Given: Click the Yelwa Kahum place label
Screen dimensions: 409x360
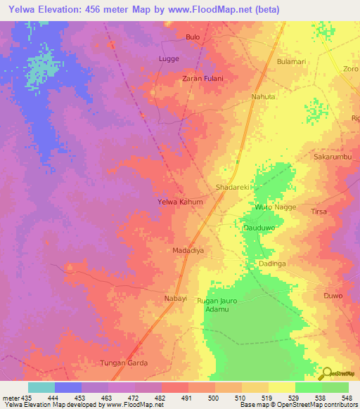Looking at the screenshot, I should (180, 202).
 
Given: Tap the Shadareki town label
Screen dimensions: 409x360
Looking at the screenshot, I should (233, 188).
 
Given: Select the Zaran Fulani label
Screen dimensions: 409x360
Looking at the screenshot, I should (202, 78).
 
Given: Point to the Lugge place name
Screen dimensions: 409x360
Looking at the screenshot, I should (169, 59).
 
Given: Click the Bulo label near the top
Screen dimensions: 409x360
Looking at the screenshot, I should (193, 37).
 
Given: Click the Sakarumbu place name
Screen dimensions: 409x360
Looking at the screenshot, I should (333, 157).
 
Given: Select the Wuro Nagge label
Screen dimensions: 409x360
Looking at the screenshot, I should (276, 208).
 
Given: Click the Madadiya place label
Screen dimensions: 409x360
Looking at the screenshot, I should (188, 250).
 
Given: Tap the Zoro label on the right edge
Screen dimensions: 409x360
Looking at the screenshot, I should (351, 69).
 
